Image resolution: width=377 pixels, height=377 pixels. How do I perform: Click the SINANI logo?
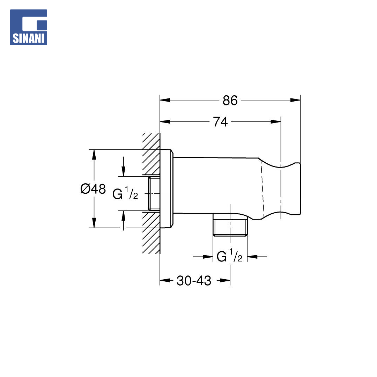(x=28, y=27)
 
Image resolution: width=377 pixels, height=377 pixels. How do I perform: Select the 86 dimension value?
(x=230, y=101)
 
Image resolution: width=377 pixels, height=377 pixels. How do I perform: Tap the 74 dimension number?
(x=220, y=122)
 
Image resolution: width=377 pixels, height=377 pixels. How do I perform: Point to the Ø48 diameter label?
(x=93, y=189)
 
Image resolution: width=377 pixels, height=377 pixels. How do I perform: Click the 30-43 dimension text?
(x=194, y=281)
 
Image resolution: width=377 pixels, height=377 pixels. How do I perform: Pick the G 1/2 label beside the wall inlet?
(x=125, y=193)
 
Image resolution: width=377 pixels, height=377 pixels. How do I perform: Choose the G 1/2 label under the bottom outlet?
(x=229, y=256)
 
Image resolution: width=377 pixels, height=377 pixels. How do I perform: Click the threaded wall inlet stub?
(x=154, y=193)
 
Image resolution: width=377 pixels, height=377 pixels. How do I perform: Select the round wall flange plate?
(x=167, y=189)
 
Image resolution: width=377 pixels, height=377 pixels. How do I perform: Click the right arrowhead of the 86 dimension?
(x=295, y=100)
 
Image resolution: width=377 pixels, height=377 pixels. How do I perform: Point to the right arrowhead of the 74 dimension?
(x=276, y=122)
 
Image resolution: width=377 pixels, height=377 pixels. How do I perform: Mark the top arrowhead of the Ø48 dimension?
(x=94, y=155)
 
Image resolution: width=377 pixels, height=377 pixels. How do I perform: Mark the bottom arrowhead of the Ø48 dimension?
(x=94, y=223)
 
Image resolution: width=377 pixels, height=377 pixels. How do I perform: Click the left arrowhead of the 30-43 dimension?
(x=165, y=280)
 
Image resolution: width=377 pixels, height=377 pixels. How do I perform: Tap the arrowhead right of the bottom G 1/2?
(x=252, y=257)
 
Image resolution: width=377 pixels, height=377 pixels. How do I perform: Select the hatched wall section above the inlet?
(x=151, y=154)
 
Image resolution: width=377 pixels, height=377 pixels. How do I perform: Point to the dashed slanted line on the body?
(x=262, y=189)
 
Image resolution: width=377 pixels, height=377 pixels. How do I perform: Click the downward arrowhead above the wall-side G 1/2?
(x=123, y=171)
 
